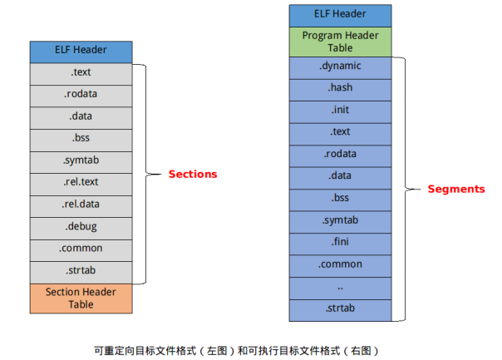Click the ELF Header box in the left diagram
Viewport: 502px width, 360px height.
tap(81, 50)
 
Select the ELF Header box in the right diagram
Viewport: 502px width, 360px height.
tap(339, 14)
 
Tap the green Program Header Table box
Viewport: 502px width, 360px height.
tap(339, 42)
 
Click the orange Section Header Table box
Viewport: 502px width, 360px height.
tap(81, 298)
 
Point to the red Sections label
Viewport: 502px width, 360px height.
tap(192, 174)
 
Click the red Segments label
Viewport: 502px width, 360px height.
tap(455, 189)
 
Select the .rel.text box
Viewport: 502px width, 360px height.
tap(81, 182)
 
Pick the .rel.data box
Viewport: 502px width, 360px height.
tap(81, 204)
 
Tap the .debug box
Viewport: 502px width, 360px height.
tap(81, 226)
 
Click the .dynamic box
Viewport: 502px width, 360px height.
tap(339, 67)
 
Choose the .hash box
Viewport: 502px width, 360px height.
tap(339, 88)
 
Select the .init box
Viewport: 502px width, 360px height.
tap(339, 110)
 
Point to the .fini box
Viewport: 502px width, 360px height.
tap(339, 242)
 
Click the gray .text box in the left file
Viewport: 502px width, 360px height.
tap(81, 72)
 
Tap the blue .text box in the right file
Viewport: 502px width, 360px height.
tap(339, 131)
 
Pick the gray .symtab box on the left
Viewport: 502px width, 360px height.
tap(81, 160)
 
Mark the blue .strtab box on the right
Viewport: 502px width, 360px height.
tap(339, 309)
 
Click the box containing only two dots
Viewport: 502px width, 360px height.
tap(339, 287)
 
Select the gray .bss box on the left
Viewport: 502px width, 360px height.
tap(81, 138)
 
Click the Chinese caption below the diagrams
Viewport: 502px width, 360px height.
tap(241, 349)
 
